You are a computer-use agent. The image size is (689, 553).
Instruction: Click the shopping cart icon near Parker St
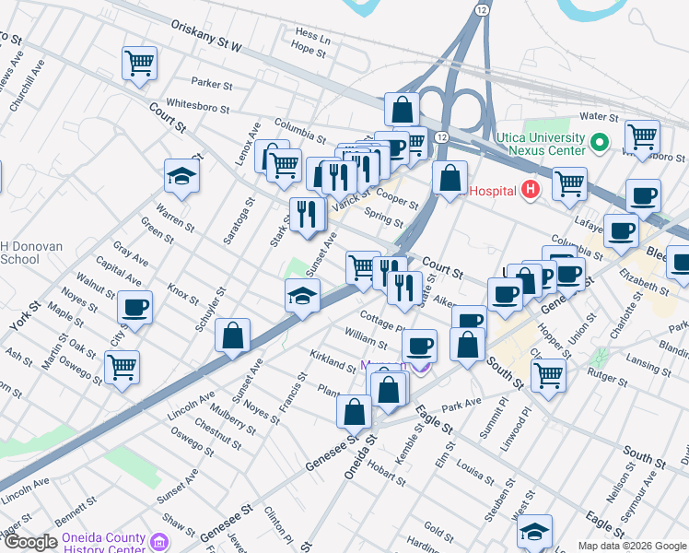139,65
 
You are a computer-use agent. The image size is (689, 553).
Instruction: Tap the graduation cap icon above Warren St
181,176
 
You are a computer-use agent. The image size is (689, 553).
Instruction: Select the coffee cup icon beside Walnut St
135,308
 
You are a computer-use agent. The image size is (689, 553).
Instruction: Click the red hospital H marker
530,190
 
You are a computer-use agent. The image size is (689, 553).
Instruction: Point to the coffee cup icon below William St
419,346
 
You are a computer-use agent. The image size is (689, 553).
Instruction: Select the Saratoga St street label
239,220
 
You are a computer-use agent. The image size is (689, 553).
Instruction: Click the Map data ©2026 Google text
631,546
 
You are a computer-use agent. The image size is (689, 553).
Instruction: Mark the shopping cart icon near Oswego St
122,367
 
